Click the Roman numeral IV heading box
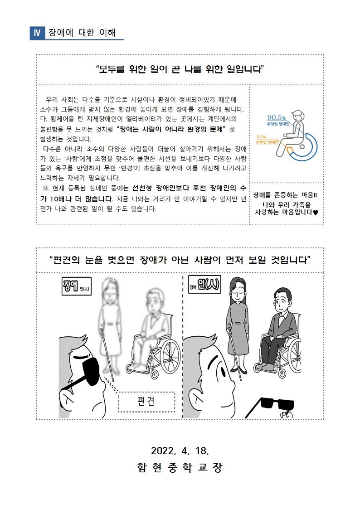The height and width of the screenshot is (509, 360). (x=37, y=33)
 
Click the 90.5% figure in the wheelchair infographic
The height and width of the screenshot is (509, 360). (x=277, y=117)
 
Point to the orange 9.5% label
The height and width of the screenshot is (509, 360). (x=262, y=136)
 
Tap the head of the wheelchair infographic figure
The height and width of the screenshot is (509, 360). (x=298, y=116)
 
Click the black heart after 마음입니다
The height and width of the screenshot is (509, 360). (x=316, y=213)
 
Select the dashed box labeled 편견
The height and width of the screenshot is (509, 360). (x=146, y=402)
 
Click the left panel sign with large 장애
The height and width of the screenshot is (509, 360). (x=77, y=286)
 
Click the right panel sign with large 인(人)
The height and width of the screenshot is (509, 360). (x=204, y=285)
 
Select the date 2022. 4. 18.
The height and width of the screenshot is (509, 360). (x=180, y=451)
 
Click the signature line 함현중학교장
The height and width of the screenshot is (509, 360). (x=180, y=467)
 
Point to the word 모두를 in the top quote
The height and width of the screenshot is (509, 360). (x=112, y=69)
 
